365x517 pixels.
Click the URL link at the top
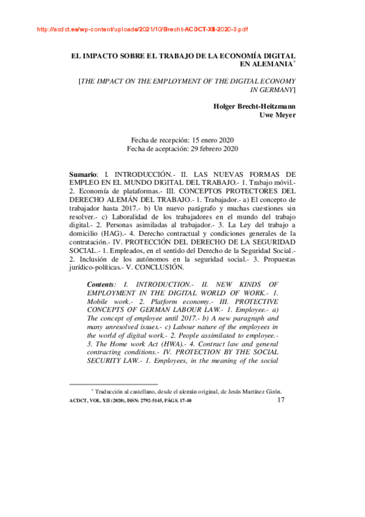pos(143,29)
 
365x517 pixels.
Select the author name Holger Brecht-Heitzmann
pos(255,105)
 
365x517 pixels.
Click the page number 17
pos(281,400)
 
